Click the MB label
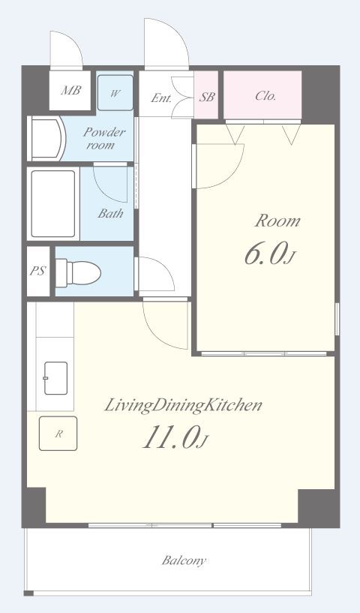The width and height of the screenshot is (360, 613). [x=70, y=90]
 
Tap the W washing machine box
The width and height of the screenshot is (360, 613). [x=115, y=92]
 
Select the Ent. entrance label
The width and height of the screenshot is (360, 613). [x=161, y=98]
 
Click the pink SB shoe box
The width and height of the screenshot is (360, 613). [x=206, y=95]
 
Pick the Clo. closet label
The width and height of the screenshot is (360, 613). [x=265, y=96]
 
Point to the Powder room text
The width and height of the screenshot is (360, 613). [x=104, y=138]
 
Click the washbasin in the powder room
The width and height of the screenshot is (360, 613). [x=46, y=138]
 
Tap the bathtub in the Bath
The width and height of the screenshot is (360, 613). [x=53, y=203]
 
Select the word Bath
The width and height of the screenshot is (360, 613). [x=110, y=213]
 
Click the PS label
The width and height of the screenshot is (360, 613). [x=38, y=271]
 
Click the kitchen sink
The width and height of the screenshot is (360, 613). [x=56, y=378]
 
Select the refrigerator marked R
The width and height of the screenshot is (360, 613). [x=58, y=433]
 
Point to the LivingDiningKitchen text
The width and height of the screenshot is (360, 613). [x=183, y=405]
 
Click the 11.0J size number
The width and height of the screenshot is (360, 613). [x=175, y=438]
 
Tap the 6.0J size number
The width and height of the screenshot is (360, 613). [x=270, y=254]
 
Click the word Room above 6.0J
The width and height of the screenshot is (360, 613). [x=277, y=221]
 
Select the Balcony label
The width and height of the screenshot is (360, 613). [x=184, y=560]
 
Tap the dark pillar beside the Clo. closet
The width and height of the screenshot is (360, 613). [x=320, y=94]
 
